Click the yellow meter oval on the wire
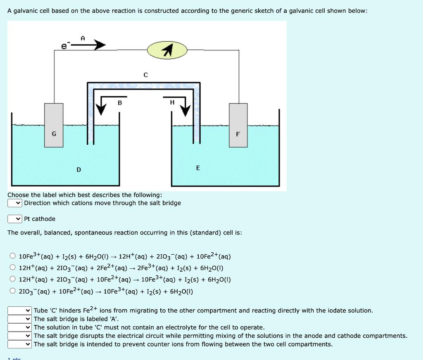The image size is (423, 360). click(167, 50)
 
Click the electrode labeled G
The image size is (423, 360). click(54, 125)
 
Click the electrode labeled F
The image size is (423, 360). click(238, 125)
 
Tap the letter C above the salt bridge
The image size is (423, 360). click(145, 75)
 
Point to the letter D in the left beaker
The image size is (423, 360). click(78, 170)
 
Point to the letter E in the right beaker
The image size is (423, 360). click(198, 168)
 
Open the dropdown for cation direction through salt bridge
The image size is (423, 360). click(15, 203)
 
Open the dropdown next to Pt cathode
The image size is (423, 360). click(15, 219)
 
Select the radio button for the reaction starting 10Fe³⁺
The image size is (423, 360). click(12, 256)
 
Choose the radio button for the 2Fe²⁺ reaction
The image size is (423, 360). click(12, 268)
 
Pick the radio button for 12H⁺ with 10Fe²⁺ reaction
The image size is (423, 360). click(12, 279)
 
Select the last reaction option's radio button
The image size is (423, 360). click(12, 291)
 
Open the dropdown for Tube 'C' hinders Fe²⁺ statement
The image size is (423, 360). click(20, 310)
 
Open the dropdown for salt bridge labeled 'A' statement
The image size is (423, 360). click(20, 319)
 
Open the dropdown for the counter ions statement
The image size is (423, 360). click(20, 344)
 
